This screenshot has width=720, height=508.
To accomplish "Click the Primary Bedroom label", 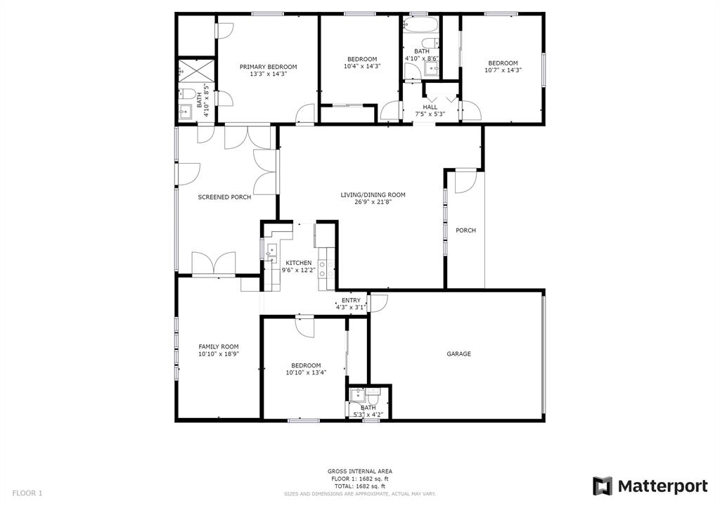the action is tap(268, 67).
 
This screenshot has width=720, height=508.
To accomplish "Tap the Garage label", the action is tap(458, 354).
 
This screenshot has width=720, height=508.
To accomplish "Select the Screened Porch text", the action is tap(224, 197).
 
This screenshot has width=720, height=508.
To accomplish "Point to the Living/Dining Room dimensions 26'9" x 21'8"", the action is tap(373, 202).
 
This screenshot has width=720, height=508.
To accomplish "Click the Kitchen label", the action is tap(299, 263).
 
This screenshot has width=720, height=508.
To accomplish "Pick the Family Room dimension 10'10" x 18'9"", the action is tap(219, 354).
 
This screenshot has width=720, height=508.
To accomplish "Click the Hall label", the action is tap(430, 107).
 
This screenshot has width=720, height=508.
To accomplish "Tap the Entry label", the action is tap(352, 301).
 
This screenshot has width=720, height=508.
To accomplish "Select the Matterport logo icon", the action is tap(603, 486).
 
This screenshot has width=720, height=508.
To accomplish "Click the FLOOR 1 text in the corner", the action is tap(27, 493).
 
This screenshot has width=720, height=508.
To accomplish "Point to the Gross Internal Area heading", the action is tap(360, 471).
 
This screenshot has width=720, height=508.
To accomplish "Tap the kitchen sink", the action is tap(271, 250).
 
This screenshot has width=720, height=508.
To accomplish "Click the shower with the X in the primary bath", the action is tap(196, 70).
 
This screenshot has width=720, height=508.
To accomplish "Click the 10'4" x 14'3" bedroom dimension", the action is tap(362, 66).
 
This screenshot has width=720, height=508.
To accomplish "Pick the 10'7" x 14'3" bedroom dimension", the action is tap(503, 70).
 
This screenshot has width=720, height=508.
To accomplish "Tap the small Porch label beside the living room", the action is tap(465, 230).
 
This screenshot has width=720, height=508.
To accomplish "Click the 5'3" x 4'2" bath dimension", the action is tap(368, 415).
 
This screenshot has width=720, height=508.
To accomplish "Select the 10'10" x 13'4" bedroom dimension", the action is tap(307, 372).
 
